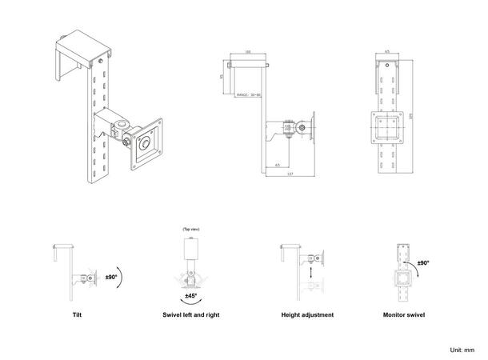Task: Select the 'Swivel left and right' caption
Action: click(190, 315)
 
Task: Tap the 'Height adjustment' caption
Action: click(308, 315)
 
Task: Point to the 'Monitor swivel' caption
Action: click(404, 315)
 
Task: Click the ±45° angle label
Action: click(191, 296)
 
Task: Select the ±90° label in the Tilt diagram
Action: click(111, 278)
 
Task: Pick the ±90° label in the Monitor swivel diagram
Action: click(423, 262)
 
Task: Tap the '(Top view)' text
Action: click(190, 229)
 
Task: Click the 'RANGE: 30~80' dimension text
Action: click(250, 94)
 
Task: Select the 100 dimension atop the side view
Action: click(248, 53)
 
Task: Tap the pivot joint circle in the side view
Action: click(300, 126)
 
